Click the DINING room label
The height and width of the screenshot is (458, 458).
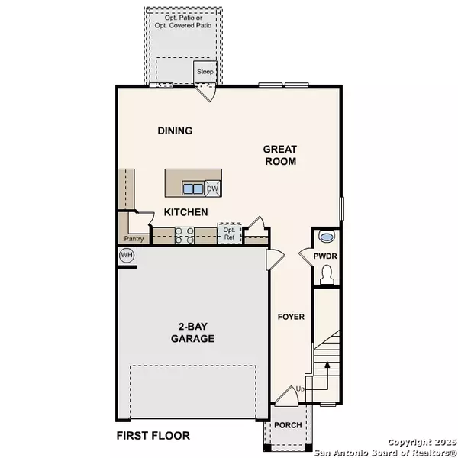pyautogui.click(x=175, y=131)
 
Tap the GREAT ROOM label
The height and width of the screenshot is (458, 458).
pyautogui.click(x=279, y=155)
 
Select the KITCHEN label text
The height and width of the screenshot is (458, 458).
pyautogui.click(x=184, y=212)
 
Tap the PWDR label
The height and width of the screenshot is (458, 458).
pyautogui.click(x=328, y=256)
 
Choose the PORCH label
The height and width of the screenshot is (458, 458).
pyautogui.click(x=287, y=425)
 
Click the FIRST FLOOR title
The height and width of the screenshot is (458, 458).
pyautogui.click(x=153, y=437)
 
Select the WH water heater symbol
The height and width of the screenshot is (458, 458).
pyautogui.click(x=126, y=255)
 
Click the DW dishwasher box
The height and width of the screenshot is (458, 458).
pyautogui.click(x=212, y=189)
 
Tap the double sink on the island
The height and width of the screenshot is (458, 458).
pyautogui.click(x=192, y=189)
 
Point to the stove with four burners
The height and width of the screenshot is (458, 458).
pyautogui.click(x=185, y=235)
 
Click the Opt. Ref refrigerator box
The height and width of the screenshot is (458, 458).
pyautogui.click(x=229, y=233)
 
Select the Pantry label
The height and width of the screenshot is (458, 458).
pyautogui.click(x=134, y=238)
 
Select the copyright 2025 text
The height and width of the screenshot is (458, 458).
pyautogui.click(x=419, y=442)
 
